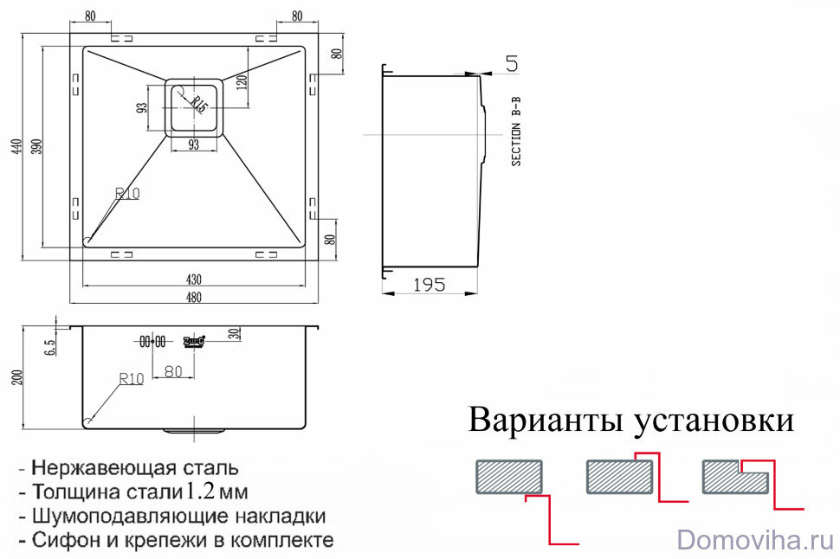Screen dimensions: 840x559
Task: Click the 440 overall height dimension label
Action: (16, 148)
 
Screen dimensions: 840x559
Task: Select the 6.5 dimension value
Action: (50, 347)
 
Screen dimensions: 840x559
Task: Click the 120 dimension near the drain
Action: (242, 83)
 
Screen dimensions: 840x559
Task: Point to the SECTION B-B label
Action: (516, 132)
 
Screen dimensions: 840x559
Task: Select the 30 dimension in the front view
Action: (234, 334)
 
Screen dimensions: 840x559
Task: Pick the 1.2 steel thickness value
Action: (200, 492)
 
